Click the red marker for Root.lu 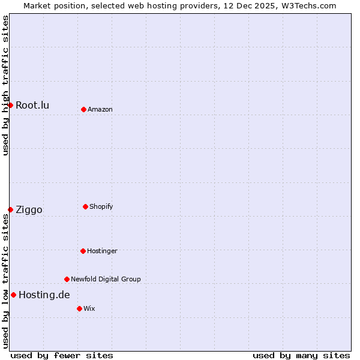coord(10,106)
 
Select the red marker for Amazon coord(83,109)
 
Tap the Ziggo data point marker coord(10,209)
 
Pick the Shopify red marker coord(85,206)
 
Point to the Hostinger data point coord(83,251)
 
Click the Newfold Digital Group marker coord(67,279)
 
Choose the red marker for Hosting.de coord(13,295)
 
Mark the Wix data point coord(79,308)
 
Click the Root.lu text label coord(32,106)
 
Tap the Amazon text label coord(100,109)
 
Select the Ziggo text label coord(29,209)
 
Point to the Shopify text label coord(101,206)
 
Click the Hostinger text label coord(102,251)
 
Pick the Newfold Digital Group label coord(106,279)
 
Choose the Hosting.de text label coord(44,295)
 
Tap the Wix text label coord(89,308)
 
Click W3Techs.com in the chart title coord(307,5)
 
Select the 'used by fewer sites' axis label coord(62,355)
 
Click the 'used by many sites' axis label coord(301,355)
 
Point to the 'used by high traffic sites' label coord(5,85)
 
